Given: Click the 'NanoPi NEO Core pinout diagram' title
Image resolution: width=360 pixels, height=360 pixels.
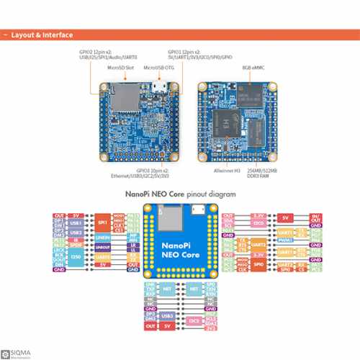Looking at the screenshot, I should tap(180, 194).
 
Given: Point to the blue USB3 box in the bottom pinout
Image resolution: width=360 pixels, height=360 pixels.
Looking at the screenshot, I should tap(167, 316).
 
